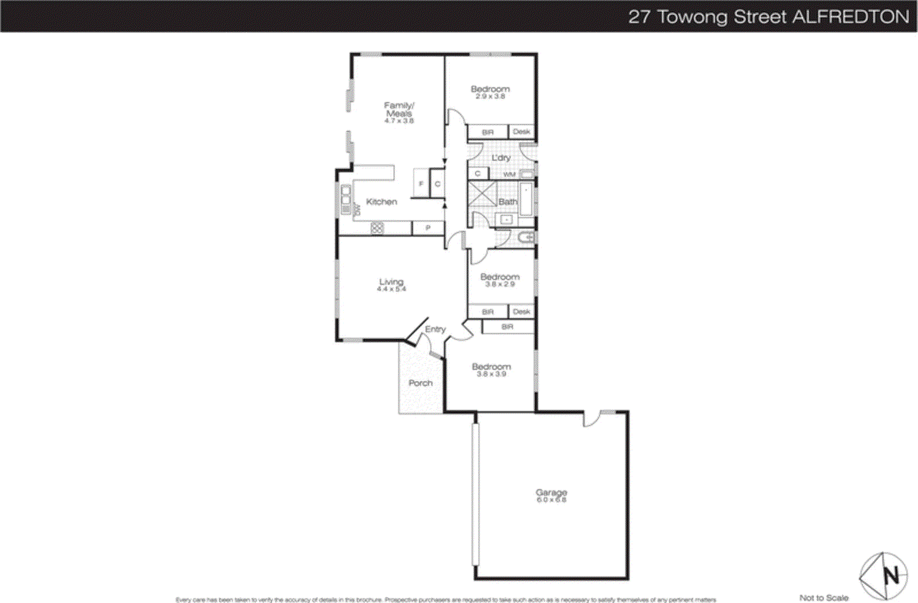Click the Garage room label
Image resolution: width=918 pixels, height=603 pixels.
pos(551,492)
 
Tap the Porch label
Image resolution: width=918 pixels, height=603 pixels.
pos(420,383)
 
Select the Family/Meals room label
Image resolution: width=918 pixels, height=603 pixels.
pos(399,109)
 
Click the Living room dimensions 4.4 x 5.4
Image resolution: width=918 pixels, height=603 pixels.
pos(391,289)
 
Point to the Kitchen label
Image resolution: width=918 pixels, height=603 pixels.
pos(381,202)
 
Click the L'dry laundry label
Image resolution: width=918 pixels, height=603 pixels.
pos(500,157)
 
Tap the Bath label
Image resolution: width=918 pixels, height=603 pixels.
pos(507,202)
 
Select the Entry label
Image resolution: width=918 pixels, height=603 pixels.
pos(435,329)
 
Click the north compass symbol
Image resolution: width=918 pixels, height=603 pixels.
pos(883,575)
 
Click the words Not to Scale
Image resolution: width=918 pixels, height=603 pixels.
pos(823,598)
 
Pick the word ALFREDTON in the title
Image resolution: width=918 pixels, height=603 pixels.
pos(851,17)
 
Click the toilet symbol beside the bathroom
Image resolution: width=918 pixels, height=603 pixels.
pos(527,237)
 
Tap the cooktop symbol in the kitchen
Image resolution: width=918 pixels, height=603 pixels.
pos(376,228)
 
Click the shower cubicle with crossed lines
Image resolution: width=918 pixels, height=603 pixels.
pos(482,194)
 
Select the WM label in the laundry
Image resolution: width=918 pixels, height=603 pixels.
pos(509,174)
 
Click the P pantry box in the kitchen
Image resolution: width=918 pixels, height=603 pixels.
pos(427,228)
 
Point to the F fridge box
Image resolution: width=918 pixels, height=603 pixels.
pos(421,184)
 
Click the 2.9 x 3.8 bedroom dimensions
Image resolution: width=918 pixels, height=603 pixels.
pos(490,96)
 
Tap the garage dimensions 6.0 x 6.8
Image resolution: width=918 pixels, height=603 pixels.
pos(551,500)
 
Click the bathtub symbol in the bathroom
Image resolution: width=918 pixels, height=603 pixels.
pos(526,199)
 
